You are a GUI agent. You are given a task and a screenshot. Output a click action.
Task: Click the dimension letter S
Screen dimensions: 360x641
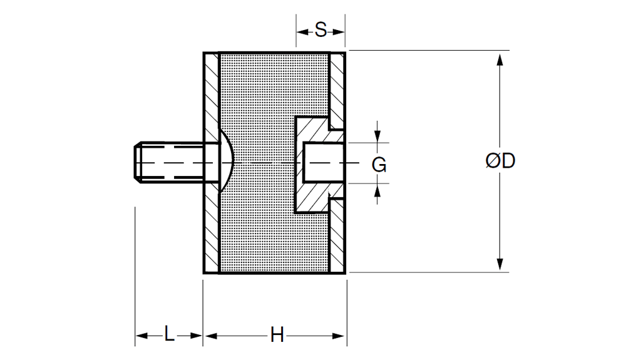click(x=320, y=29)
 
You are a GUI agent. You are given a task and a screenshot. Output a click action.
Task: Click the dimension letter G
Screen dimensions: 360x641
click(x=379, y=165)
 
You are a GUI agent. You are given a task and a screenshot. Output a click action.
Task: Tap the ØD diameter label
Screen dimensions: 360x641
click(x=500, y=161)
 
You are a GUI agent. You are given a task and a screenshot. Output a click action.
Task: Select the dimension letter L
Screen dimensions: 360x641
click(x=169, y=334)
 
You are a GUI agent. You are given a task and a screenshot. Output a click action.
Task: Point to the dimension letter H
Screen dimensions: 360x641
click(x=277, y=335)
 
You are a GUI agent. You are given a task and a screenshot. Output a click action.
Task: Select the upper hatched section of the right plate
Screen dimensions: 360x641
click(x=337, y=88)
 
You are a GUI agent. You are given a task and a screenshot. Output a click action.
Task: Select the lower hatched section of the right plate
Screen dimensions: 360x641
click(x=337, y=238)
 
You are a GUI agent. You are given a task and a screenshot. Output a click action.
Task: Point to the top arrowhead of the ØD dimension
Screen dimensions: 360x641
click(x=500, y=60)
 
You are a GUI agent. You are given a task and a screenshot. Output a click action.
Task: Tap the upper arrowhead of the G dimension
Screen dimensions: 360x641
click(x=377, y=137)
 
